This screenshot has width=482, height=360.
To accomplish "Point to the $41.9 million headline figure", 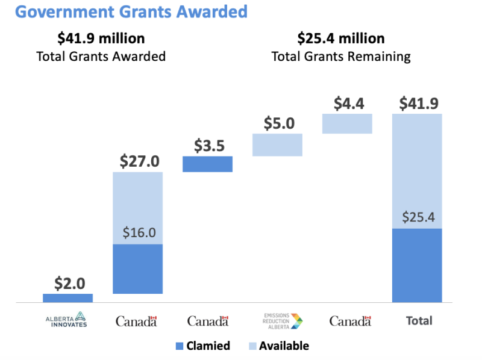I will [101, 39].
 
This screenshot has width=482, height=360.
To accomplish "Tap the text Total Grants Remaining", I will [341, 57].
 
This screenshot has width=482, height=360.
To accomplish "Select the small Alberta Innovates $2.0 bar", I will [67, 297].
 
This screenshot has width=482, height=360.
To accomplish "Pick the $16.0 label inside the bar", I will [139, 232].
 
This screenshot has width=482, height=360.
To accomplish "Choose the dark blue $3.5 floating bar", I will [207, 164].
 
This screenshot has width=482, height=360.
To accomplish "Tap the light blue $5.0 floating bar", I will [277, 144].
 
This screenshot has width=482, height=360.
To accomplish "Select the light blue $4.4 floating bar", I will [347, 123].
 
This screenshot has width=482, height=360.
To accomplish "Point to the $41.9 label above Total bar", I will [417, 104].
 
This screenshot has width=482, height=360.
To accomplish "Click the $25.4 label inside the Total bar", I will [417, 216].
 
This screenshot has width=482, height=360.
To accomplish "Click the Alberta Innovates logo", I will [67, 320].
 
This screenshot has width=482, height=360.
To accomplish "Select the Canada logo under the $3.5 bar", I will [208, 321].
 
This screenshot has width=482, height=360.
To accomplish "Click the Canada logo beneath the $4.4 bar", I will [349, 321].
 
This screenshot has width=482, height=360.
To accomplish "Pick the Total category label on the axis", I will [419, 320].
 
